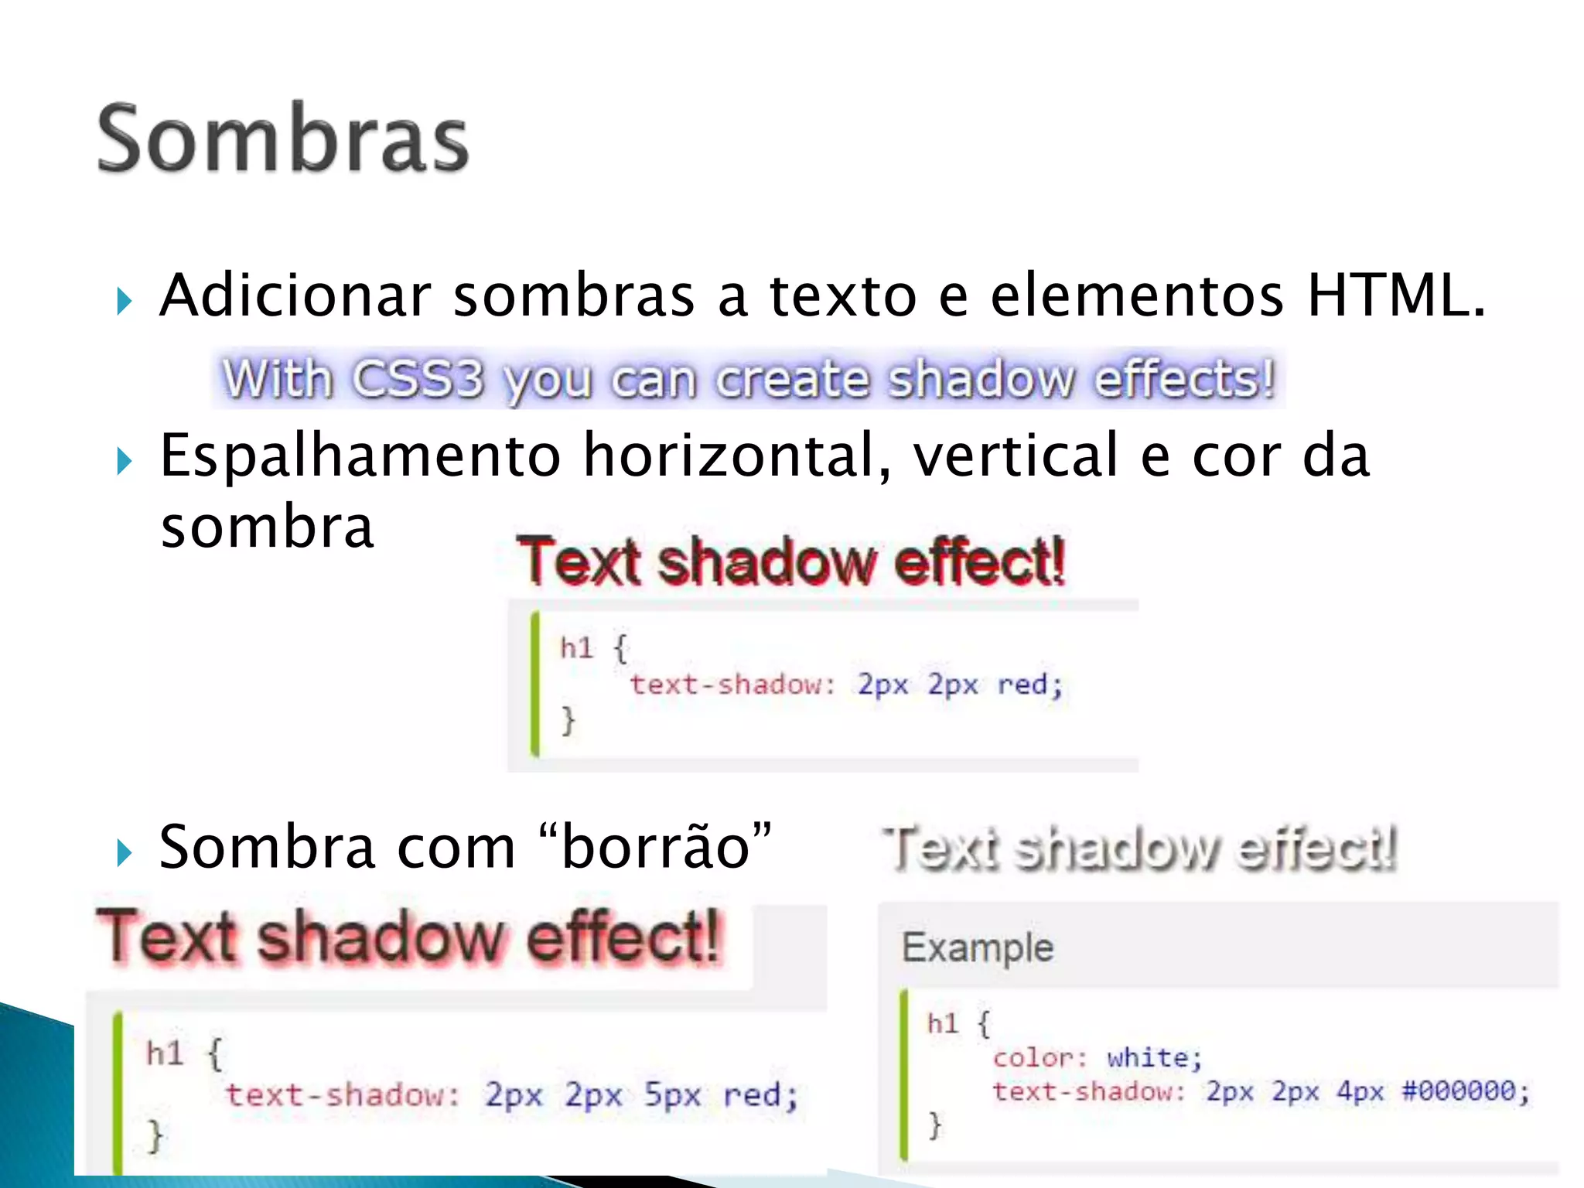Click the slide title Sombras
click(x=283, y=139)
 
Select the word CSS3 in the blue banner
click(x=418, y=379)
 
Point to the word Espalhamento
click(x=360, y=456)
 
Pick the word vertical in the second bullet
click(x=1016, y=456)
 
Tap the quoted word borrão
click(x=656, y=848)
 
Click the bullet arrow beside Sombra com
click(x=125, y=853)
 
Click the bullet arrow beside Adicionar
click(x=125, y=301)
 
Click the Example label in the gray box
click(x=978, y=947)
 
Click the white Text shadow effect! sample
click(x=1139, y=848)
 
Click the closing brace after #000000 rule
click(x=935, y=1125)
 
